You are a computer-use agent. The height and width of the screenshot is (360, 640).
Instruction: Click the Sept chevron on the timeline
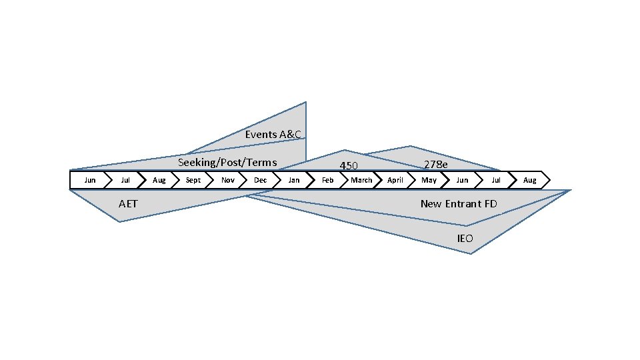coord(193,180)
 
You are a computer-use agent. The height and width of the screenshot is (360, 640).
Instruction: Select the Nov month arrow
coord(227,180)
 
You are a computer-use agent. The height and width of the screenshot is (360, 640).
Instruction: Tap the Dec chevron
coord(261,180)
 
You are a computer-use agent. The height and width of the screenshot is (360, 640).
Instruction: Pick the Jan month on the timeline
coord(294,180)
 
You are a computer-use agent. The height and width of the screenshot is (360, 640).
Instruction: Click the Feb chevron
coord(328,180)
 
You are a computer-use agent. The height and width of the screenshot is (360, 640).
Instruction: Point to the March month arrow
coord(361,180)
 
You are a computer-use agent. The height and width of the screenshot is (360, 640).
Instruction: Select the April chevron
coord(395,180)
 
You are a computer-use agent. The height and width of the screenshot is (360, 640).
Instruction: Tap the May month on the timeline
coord(429,180)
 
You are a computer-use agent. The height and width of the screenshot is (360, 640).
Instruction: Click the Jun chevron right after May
coord(462,180)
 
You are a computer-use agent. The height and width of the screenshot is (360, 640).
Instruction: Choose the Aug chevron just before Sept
coord(159,180)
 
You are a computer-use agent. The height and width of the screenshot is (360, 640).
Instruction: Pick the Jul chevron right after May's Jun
coord(496,180)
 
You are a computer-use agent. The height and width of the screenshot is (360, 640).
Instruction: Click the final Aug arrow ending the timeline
coord(529,180)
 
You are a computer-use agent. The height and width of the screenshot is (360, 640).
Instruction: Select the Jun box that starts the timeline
coord(90,180)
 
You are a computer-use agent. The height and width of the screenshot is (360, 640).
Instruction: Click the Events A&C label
coord(273,135)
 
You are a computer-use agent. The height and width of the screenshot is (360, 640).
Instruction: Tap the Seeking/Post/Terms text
coord(227,163)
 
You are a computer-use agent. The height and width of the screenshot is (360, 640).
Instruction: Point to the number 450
coord(349,166)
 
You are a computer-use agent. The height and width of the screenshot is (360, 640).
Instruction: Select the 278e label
coord(436,165)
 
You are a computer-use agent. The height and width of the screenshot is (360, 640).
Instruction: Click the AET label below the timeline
coord(128,203)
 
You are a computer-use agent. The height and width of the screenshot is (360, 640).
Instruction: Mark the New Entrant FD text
coord(459,203)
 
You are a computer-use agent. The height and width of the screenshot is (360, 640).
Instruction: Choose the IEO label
coord(465,238)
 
